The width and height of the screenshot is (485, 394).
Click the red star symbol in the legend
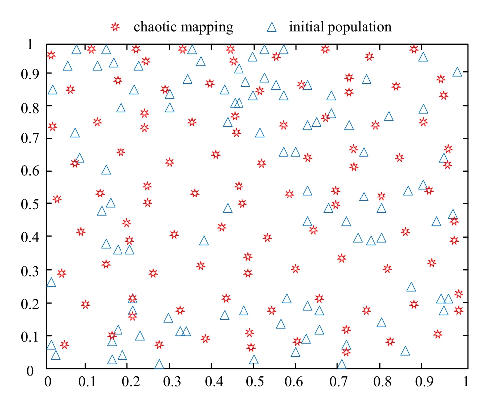tap(116, 27)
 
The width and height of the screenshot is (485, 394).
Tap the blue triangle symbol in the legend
tap(271, 26)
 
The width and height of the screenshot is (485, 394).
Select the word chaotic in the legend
tap(153, 27)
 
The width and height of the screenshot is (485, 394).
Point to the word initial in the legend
tap(306, 27)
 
